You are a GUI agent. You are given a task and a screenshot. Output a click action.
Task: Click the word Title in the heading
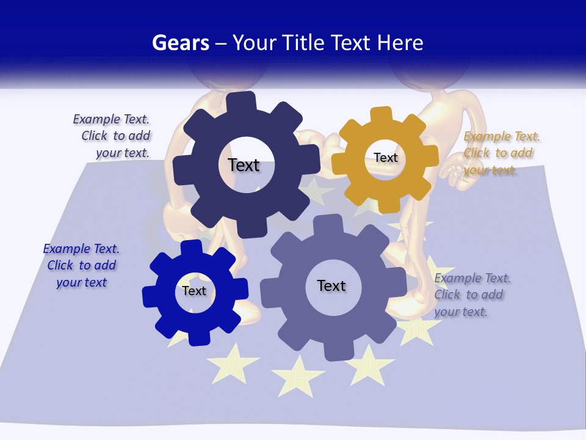coord(307,43)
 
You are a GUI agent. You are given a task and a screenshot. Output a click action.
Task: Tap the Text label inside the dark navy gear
coord(244,165)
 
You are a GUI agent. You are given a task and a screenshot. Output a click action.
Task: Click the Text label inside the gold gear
coord(386,158)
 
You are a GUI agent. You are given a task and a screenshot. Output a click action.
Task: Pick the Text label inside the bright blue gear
coord(194,291)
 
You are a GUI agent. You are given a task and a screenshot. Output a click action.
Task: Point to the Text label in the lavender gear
coord(331,285)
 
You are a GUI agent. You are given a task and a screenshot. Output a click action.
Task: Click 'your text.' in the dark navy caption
coord(123,153)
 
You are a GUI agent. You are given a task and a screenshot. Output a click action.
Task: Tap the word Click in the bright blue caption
coord(60,265)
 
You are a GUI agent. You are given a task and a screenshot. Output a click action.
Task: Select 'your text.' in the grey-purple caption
coord(461,312)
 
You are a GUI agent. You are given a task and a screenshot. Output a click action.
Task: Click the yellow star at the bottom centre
coord(297,375)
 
